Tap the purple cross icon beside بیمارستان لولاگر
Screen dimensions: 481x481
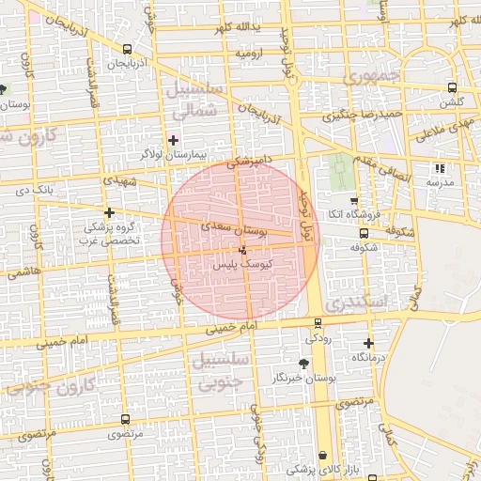pyautogui.click(x=172, y=139)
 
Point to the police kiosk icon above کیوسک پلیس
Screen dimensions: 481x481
pyautogui.click(x=243, y=250)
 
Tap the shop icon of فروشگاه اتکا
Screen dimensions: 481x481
pyautogui.click(x=353, y=200)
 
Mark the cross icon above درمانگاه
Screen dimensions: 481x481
pyautogui.click(x=368, y=344)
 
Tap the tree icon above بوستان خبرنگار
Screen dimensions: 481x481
pyautogui.click(x=302, y=363)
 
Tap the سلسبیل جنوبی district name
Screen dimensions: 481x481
pyautogui.click(x=220, y=370)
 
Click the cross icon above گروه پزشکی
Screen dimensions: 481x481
pyautogui.click(x=111, y=213)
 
